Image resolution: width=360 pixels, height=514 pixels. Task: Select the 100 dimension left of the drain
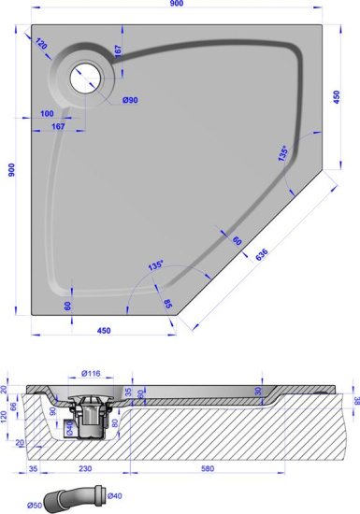coord(48,113)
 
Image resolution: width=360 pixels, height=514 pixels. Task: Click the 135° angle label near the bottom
coord(154,265)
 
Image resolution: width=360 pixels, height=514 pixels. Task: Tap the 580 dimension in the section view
coord(228,469)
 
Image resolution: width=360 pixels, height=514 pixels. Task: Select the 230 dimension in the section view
coord(86,469)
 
